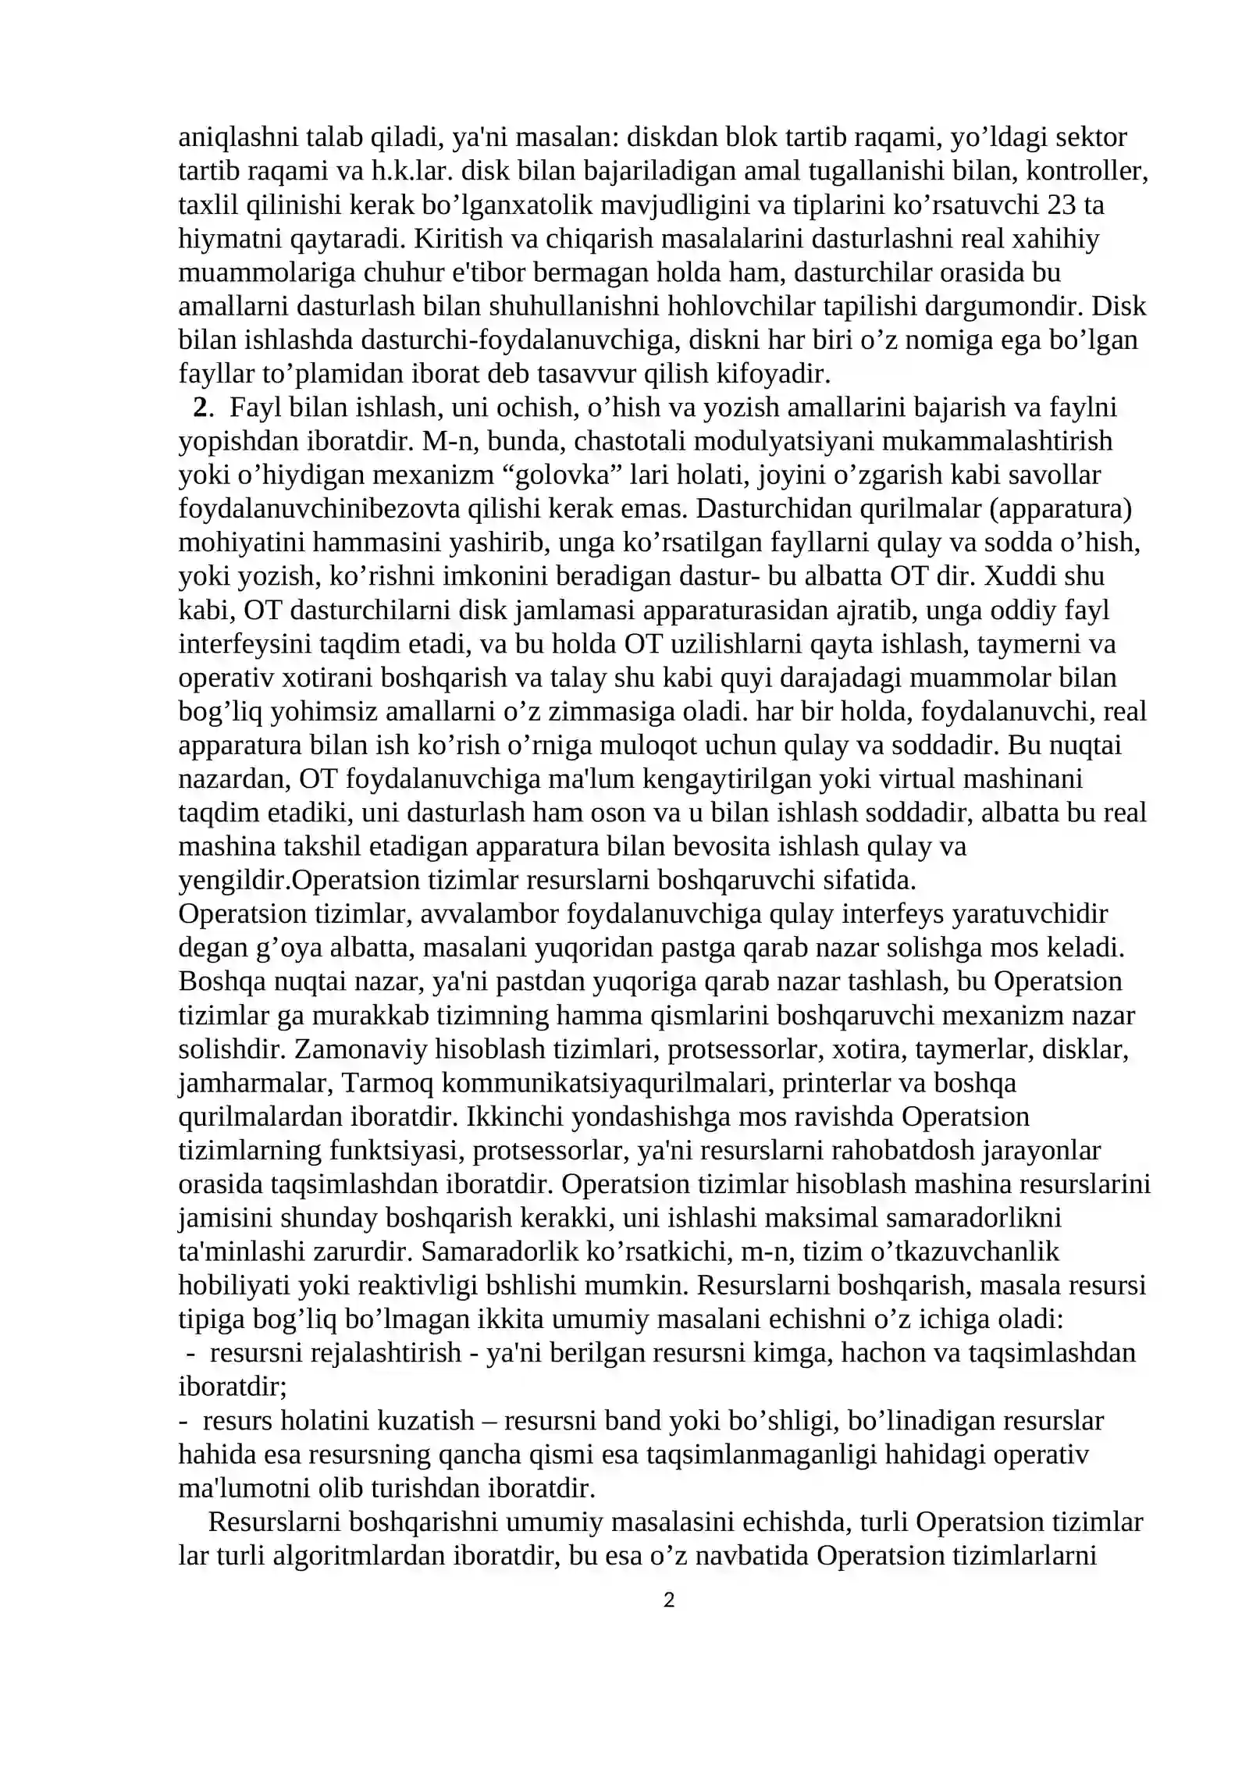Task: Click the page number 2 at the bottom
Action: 668,1601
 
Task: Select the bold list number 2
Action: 201,408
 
